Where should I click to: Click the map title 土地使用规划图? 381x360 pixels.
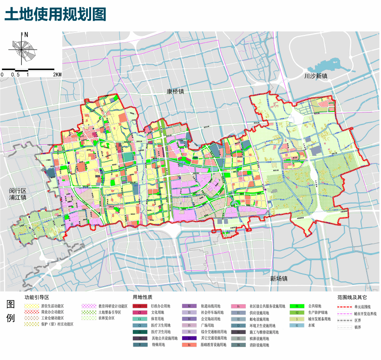point(55,14)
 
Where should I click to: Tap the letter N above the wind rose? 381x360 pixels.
point(26,34)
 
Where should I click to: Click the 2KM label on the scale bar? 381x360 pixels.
point(58,74)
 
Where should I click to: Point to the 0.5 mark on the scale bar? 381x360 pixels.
point(15,74)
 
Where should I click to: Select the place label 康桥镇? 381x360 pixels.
point(175,92)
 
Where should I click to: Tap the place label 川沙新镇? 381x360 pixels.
point(316,76)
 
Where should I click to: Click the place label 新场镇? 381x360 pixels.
point(279,279)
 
